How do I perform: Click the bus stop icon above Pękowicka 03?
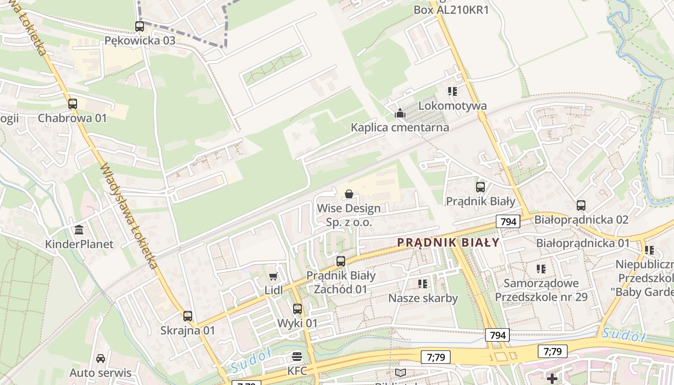point(140,26)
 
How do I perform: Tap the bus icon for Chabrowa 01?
point(72,103)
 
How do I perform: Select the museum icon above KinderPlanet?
point(79,230)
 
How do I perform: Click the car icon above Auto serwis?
point(100,359)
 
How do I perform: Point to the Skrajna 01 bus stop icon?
point(188,316)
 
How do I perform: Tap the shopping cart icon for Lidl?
point(273,276)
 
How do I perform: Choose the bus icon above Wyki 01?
point(298,309)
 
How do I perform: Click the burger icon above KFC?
point(297,357)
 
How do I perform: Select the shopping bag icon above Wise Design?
point(349,194)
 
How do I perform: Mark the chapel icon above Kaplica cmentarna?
point(400,113)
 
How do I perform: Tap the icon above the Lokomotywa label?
point(452,91)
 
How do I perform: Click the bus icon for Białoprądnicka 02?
point(581,205)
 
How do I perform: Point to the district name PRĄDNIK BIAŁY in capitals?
point(449,243)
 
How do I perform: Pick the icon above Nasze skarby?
point(423,283)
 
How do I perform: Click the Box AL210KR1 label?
point(451,10)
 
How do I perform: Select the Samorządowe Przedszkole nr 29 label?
point(541,290)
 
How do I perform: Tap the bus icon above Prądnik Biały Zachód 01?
point(341,261)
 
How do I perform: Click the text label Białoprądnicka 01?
point(583,243)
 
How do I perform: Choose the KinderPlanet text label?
point(79,244)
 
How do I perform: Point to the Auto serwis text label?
point(100,373)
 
